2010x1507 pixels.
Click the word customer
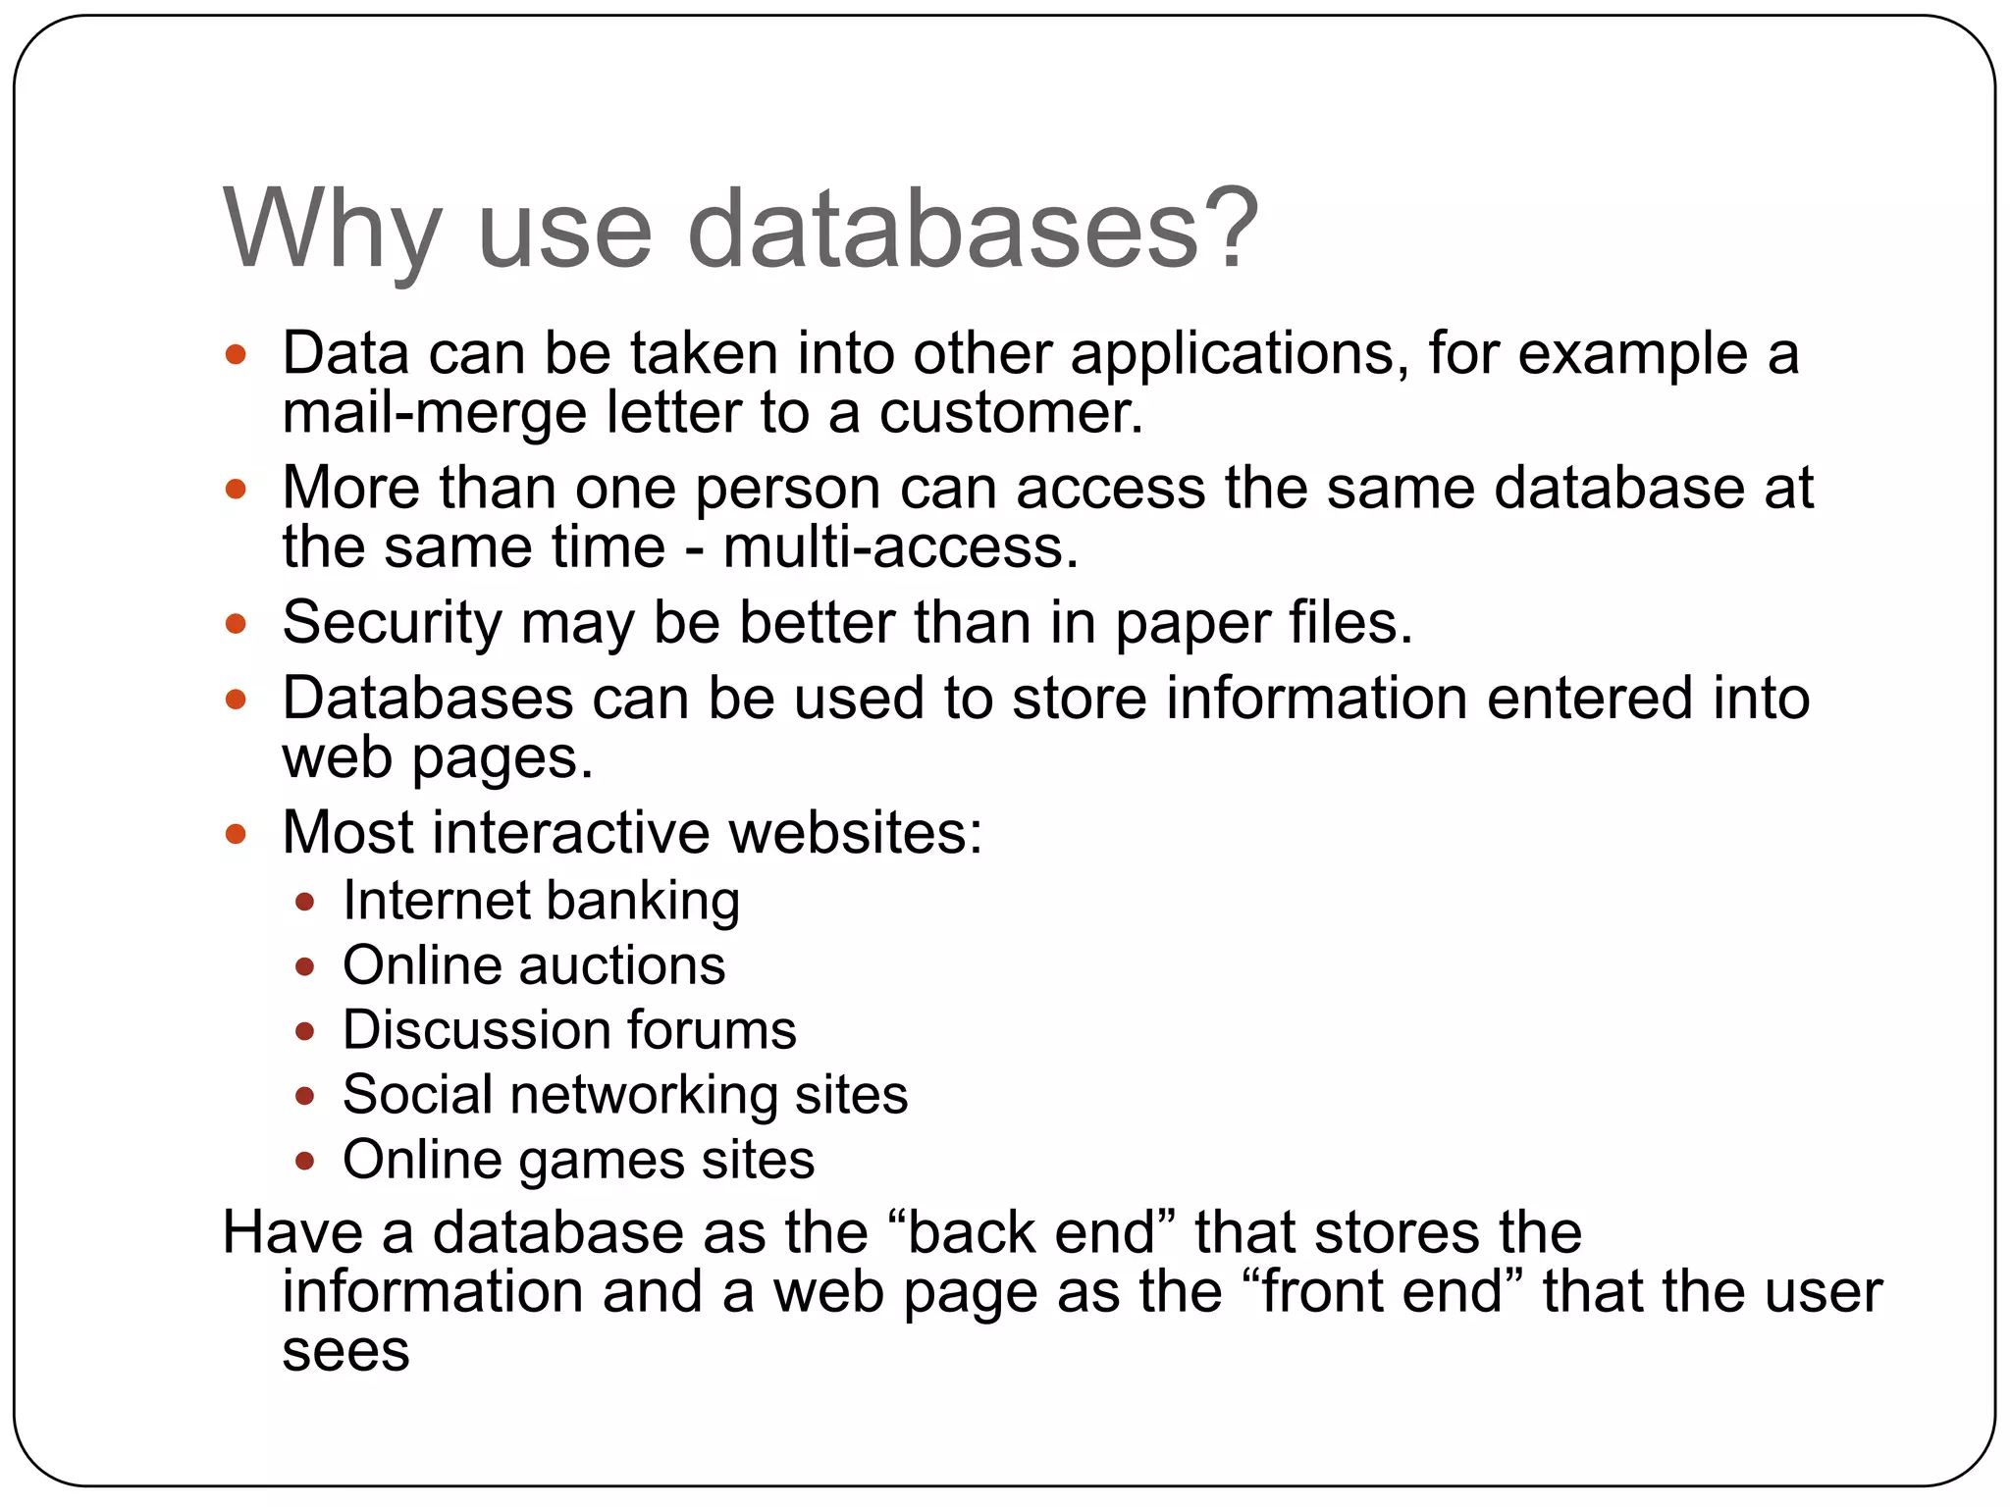[x=1010, y=413]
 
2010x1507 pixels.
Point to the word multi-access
[x=900, y=547]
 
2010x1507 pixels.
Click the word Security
[x=392, y=624]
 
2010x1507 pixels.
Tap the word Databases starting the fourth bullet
[x=427, y=699]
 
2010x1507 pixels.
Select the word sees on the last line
[x=345, y=1352]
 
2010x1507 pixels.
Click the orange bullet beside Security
[x=236, y=624]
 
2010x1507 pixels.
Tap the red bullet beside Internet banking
[x=304, y=902]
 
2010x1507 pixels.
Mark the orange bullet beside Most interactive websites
[x=236, y=834]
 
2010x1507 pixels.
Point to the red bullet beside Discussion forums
[x=304, y=1031]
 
